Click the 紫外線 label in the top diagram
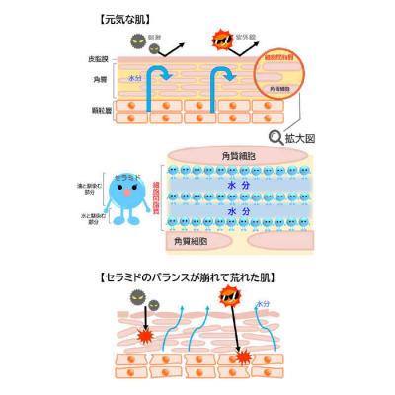click(x=244, y=40)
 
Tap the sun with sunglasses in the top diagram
click(x=219, y=40)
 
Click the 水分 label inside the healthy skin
click(x=132, y=76)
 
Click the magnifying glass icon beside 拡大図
click(x=276, y=137)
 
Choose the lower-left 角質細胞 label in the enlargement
click(x=194, y=240)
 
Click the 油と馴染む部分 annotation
click(x=95, y=191)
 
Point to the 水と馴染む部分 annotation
click(x=95, y=214)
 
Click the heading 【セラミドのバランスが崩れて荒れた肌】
click(x=197, y=281)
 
